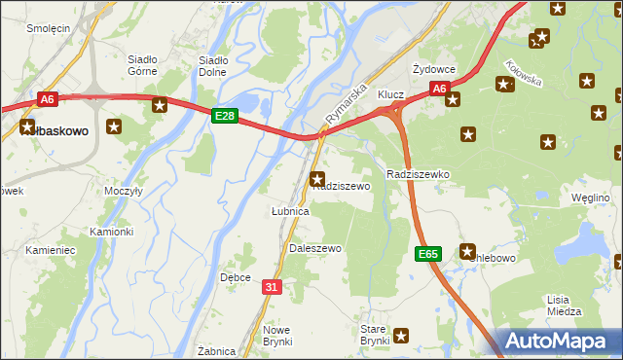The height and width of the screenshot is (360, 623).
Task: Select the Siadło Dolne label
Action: [x=213, y=64]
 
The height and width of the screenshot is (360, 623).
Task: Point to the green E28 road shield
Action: [x=224, y=116]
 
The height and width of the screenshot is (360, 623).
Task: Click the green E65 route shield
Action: [x=428, y=253]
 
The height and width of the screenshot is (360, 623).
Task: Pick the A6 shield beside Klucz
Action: [x=440, y=89]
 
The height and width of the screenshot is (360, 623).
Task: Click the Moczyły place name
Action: [x=125, y=192]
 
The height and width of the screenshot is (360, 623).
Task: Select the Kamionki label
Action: [x=111, y=232]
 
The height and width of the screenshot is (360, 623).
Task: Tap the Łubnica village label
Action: [x=289, y=211]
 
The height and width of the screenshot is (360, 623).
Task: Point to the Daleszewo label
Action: [x=315, y=249]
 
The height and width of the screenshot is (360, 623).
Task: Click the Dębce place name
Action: [x=236, y=277]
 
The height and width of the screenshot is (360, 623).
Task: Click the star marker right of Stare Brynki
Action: [x=401, y=335]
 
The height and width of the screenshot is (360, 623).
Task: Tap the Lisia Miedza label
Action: [x=558, y=306]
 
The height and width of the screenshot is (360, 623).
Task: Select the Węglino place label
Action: [x=590, y=198]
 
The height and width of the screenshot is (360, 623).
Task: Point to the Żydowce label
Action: [x=434, y=70]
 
